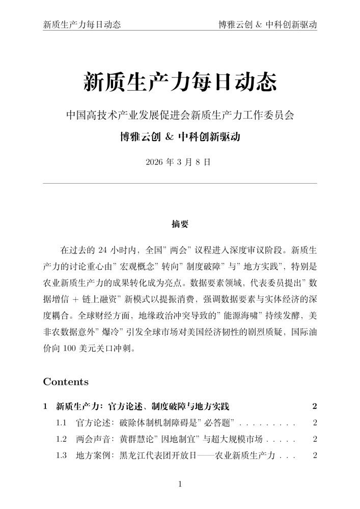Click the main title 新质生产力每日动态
tap(180, 82)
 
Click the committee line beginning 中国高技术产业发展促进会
tap(180, 115)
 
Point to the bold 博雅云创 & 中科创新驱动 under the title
tap(180, 137)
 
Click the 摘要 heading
tap(180, 223)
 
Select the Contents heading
tap(66, 382)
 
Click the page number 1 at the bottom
tap(180, 484)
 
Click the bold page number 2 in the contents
tap(315, 406)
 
